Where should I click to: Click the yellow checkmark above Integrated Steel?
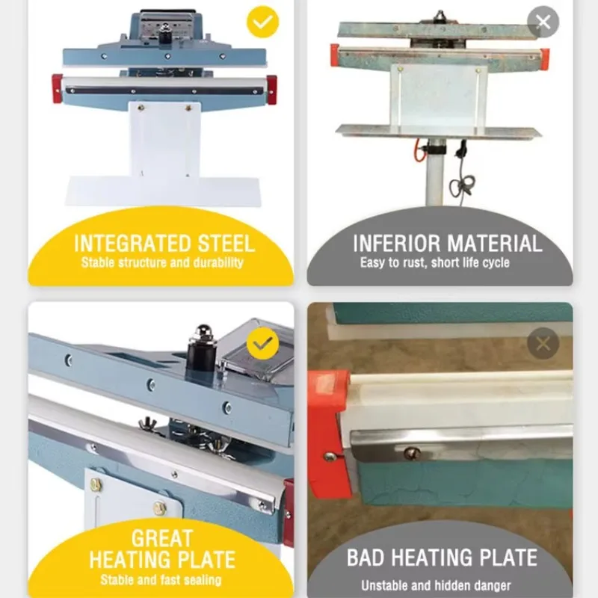pos(262,22)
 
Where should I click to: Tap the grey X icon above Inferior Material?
pos(543,22)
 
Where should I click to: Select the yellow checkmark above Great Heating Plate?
pos(262,343)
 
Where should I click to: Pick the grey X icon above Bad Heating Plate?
pos(543,343)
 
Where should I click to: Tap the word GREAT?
pos(161,538)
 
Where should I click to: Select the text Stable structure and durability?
pos(162,263)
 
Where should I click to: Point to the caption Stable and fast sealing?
pos(161,580)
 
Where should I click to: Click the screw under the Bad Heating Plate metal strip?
pos(409,451)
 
